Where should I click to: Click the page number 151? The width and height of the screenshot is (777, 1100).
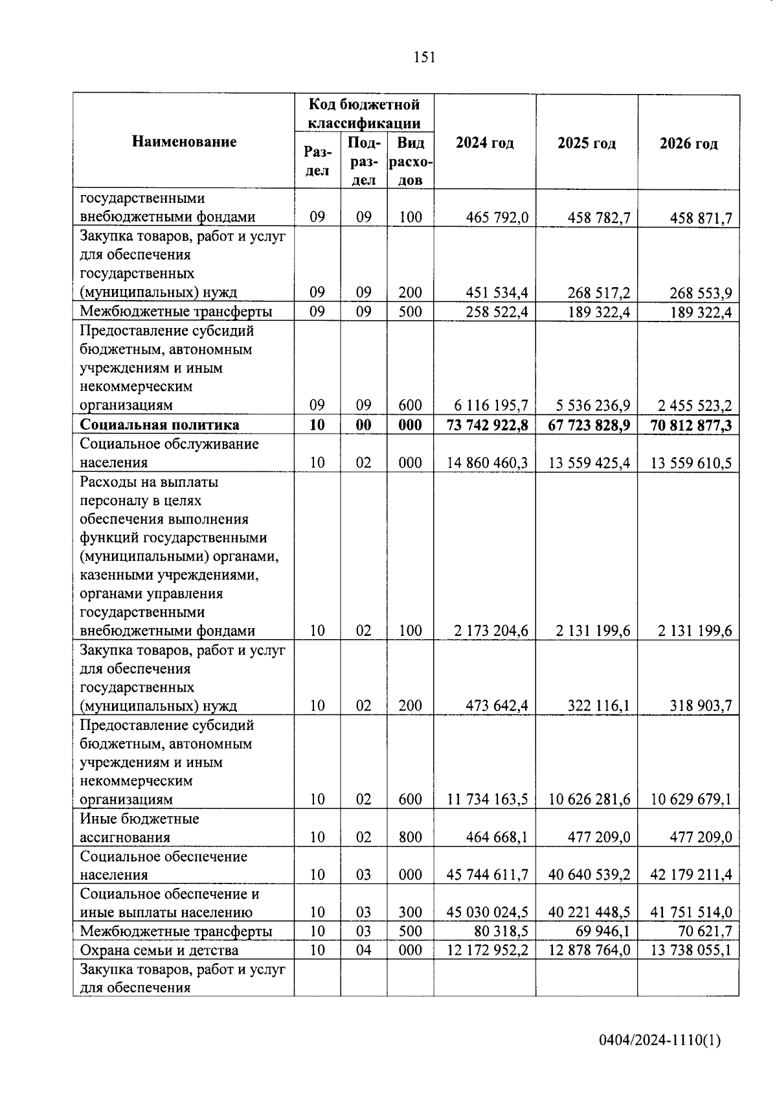[424, 58]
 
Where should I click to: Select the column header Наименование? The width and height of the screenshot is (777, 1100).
[184, 142]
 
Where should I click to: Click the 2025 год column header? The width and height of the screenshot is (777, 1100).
[586, 143]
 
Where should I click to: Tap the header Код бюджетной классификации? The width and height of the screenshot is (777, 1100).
[364, 113]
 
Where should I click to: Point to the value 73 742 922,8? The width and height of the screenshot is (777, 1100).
[488, 425]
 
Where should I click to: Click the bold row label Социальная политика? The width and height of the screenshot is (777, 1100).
[159, 425]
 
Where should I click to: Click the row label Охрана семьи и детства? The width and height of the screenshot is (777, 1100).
[159, 950]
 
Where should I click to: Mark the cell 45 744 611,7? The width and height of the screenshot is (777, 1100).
[488, 875]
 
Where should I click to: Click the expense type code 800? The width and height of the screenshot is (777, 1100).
[410, 837]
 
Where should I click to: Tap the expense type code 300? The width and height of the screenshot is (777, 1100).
[410, 913]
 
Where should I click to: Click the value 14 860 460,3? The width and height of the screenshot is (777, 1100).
[488, 463]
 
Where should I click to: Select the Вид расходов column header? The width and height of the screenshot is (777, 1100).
[411, 161]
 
